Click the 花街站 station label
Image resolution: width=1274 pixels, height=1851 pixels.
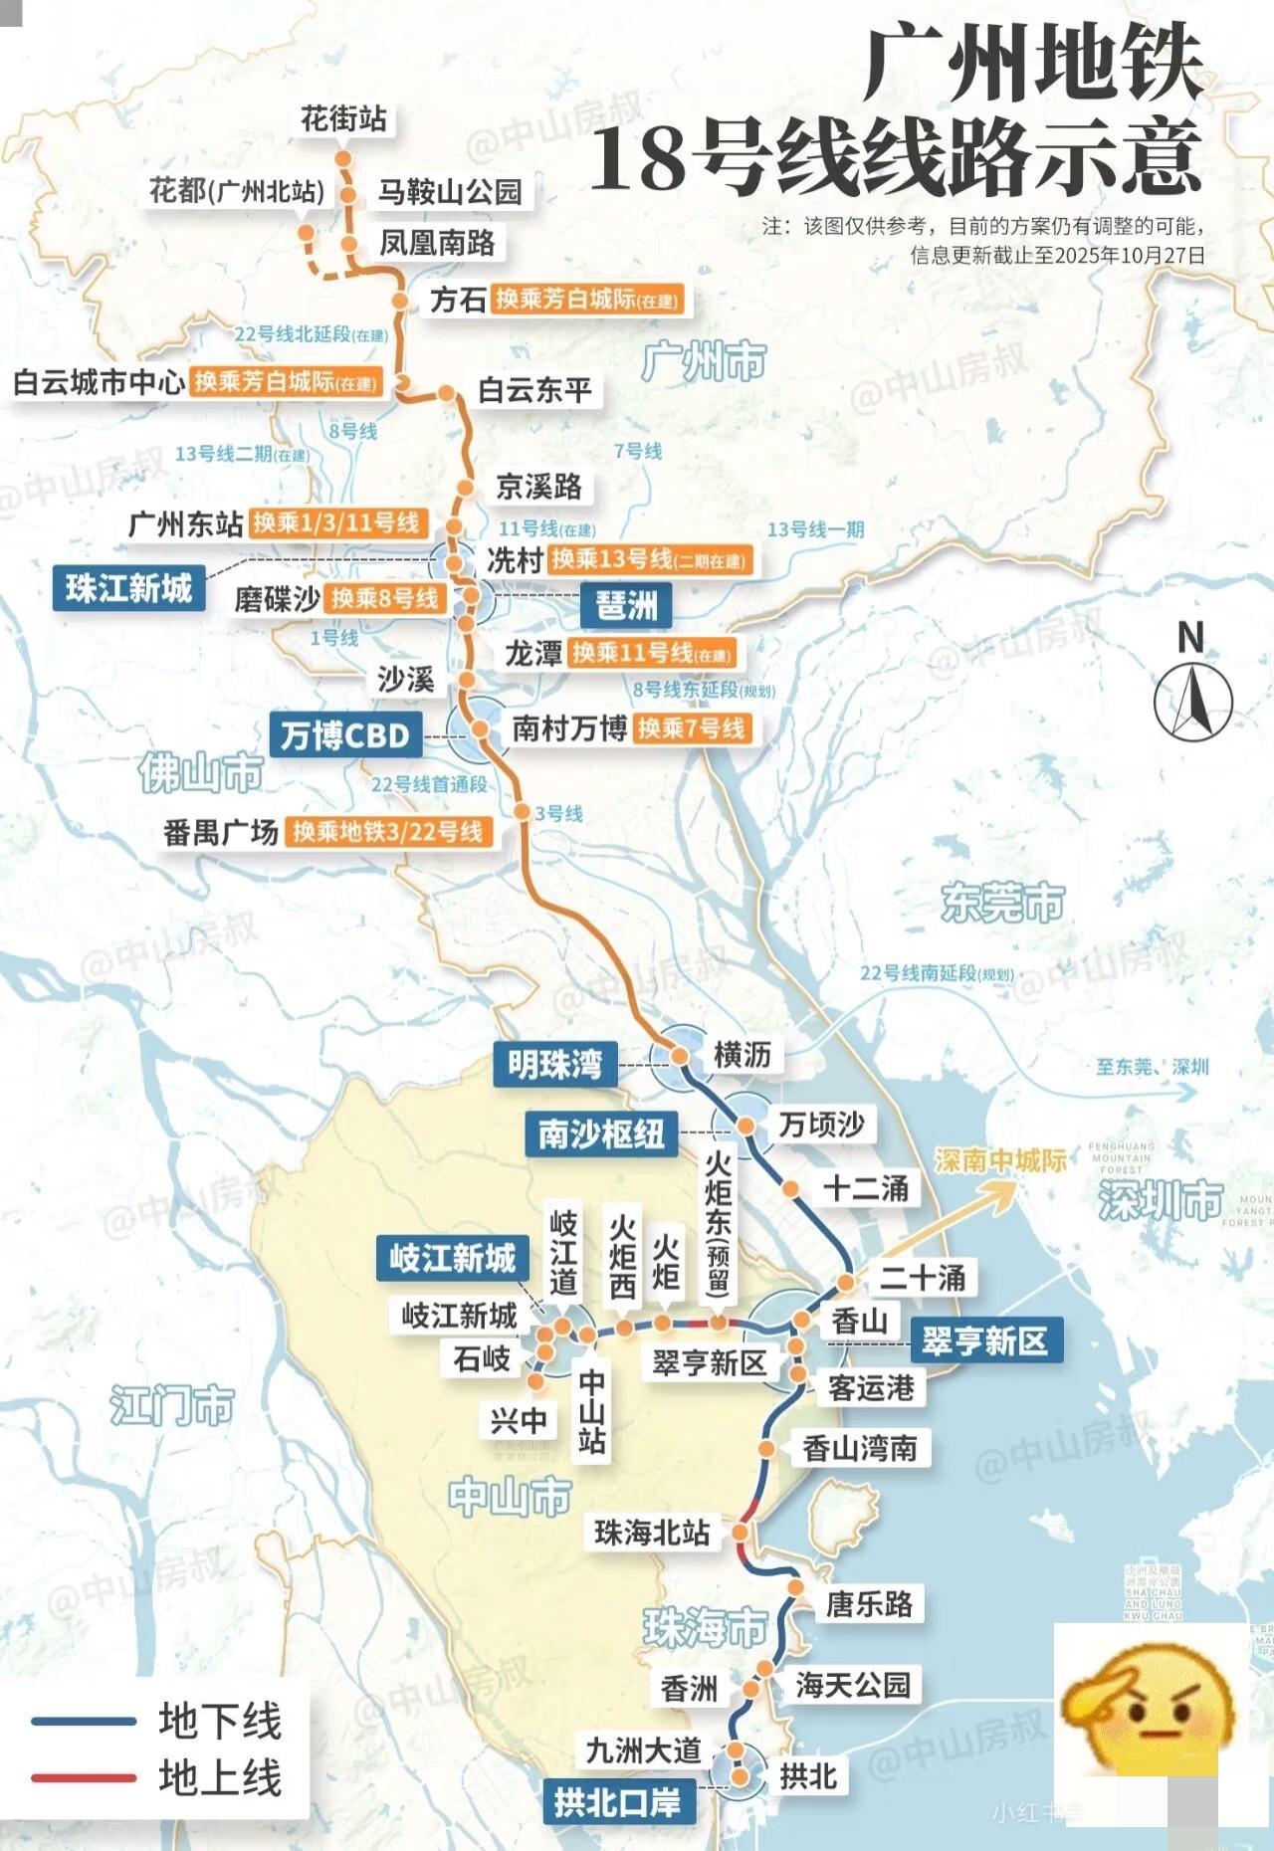(343, 119)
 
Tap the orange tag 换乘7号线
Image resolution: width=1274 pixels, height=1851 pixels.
(692, 728)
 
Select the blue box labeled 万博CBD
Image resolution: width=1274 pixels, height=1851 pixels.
(345, 735)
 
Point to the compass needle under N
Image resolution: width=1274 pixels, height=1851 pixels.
(1192, 701)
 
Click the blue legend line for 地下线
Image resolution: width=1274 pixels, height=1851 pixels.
(84, 1720)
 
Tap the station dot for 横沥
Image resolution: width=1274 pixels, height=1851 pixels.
(680, 1055)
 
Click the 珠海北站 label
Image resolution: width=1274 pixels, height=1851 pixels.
(652, 1533)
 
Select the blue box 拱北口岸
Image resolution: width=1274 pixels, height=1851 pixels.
(617, 1801)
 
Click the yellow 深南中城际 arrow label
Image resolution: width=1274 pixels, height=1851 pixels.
(1000, 1160)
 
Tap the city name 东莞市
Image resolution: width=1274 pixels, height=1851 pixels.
(1002, 903)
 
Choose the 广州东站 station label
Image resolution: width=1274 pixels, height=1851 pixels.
(186, 523)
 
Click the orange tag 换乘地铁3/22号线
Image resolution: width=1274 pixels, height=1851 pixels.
(388, 832)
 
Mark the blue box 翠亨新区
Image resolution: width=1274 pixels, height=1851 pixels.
(985, 1340)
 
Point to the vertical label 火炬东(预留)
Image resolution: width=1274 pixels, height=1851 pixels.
(718, 1224)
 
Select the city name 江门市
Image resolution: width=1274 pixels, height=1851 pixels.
(171, 1405)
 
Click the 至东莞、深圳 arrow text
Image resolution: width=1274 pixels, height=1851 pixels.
(1152, 1067)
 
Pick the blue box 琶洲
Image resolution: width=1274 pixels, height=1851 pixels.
(626, 604)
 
